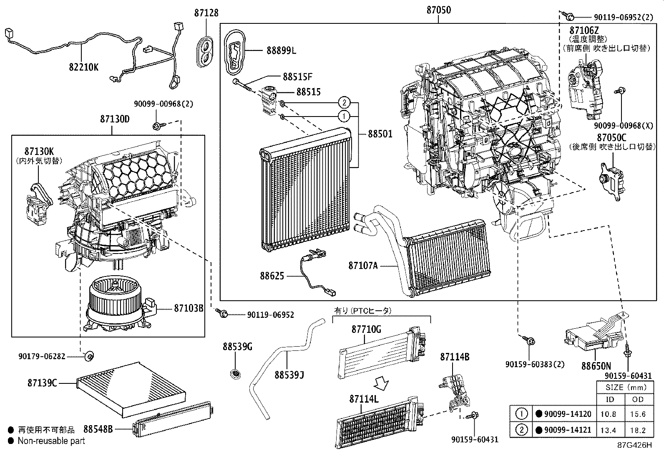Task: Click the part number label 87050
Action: click(x=438, y=10)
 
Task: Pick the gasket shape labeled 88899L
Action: click(x=236, y=53)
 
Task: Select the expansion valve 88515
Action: click(x=268, y=99)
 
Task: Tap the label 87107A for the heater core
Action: click(x=363, y=265)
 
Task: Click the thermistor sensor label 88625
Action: click(x=272, y=276)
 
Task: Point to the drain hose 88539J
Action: click(x=284, y=363)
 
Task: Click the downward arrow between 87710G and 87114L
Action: click(x=381, y=383)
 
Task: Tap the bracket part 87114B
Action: click(x=455, y=391)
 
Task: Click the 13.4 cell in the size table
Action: click(x=610, y=430)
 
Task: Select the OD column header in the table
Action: click(x=638, y=399)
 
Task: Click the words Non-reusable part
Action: click(x=51, y=441)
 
